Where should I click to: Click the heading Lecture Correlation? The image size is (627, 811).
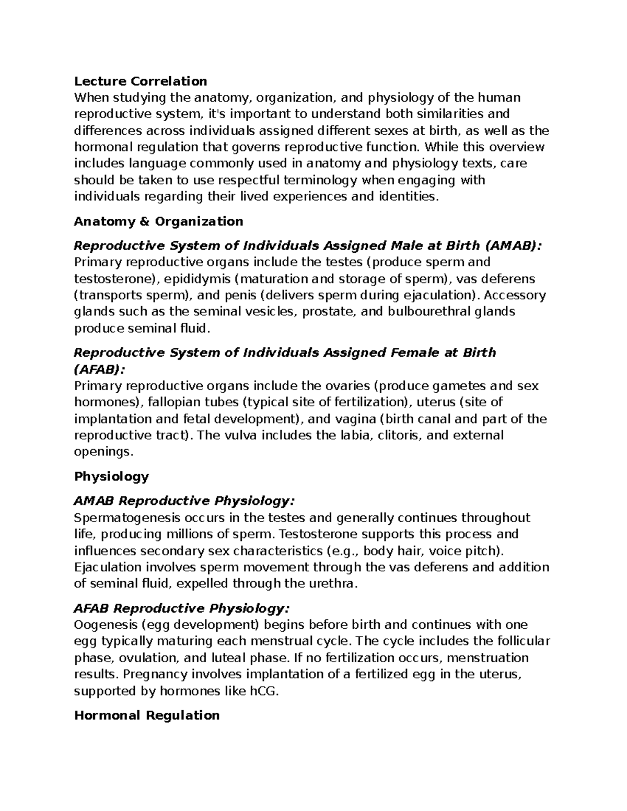click(141, 81)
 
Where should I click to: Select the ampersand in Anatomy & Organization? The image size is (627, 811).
click(145, 221)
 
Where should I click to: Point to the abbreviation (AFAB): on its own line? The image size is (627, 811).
click(100, 369)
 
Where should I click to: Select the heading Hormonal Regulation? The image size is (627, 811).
click(147, 715)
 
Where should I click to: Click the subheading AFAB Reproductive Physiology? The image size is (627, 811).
click(181, 609)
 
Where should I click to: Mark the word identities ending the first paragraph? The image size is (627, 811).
click(409, 196)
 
